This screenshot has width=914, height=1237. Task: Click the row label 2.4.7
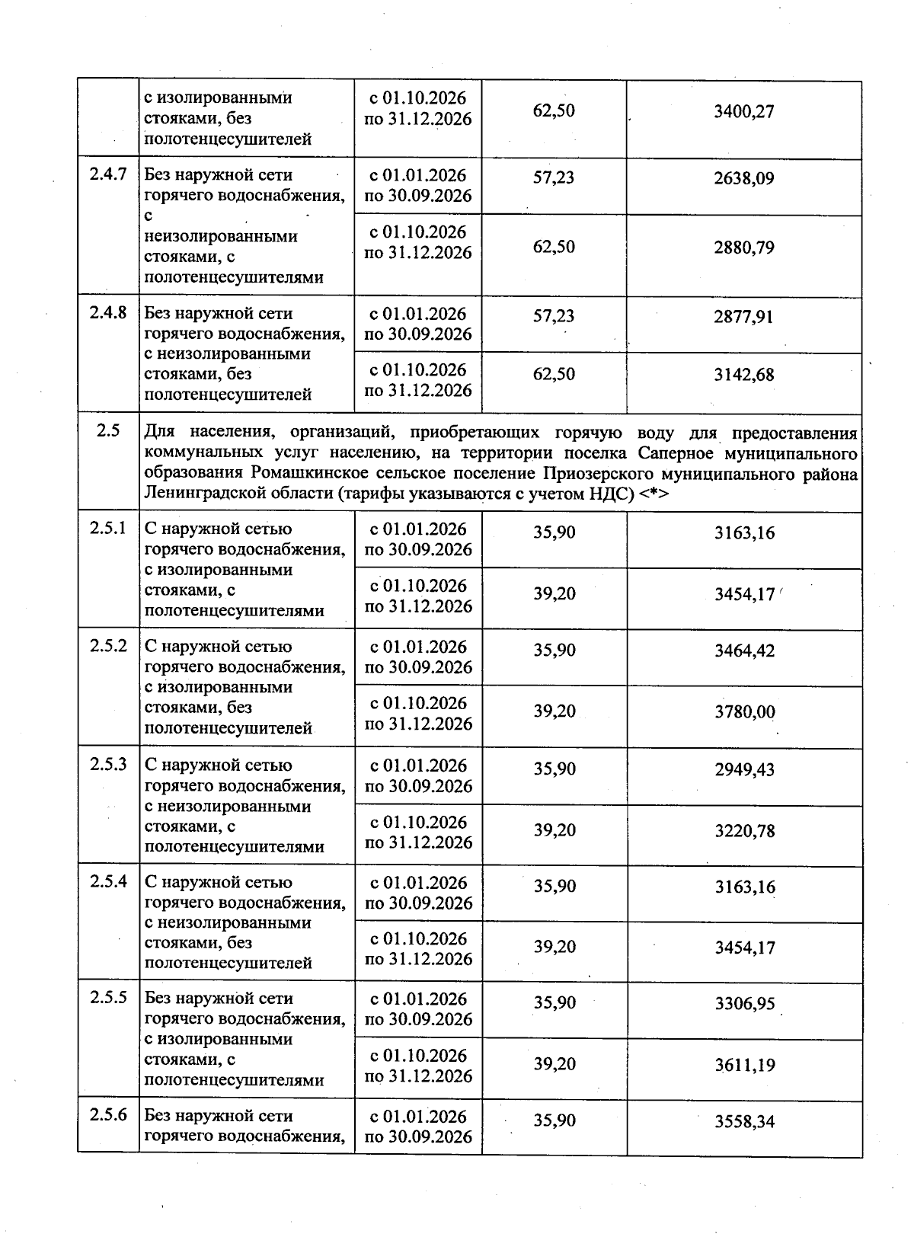pyautogui.click(x=107, y=174)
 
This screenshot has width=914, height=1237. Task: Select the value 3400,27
pyautogui.click(x=743, y=112)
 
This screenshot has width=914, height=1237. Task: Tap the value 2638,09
pyautogui.click(x=743, y=179)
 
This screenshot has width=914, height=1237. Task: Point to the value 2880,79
pyautogui.click(x=743, y=248)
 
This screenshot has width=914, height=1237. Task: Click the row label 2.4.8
pyautogui.click(x=107, y=312)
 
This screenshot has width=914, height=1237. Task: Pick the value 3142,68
pyautogui.click(x=743, y=375)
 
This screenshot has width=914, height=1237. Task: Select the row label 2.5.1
pyautogui.click(x=107, y=529)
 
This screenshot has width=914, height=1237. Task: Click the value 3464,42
pyautogui.click(x=744, y=651)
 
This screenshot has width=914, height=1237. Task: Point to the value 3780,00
pyautogui.click(x=744, y=712)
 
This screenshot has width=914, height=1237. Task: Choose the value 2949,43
pyautogui.click(x=744, y=770)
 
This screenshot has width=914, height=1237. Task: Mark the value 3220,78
pyautogui.click(x=744, y=831)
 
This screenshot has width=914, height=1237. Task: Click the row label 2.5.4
pyautogui.click(x=107, y=882)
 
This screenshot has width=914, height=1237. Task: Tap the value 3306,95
pyautogui.click(x=744, y=1004)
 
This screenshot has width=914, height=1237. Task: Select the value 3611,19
pyautogui.click(x=744, y=1065)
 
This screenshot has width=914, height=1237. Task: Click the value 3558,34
pyautogui.click(x=744, y=1122)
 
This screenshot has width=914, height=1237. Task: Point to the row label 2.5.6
pyautogui.click(x=107, y=1115)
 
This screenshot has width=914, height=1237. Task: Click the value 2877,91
pyautogui.click(x=743, y=317)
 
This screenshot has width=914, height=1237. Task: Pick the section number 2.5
pyautogui.click(x=108, y=431)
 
